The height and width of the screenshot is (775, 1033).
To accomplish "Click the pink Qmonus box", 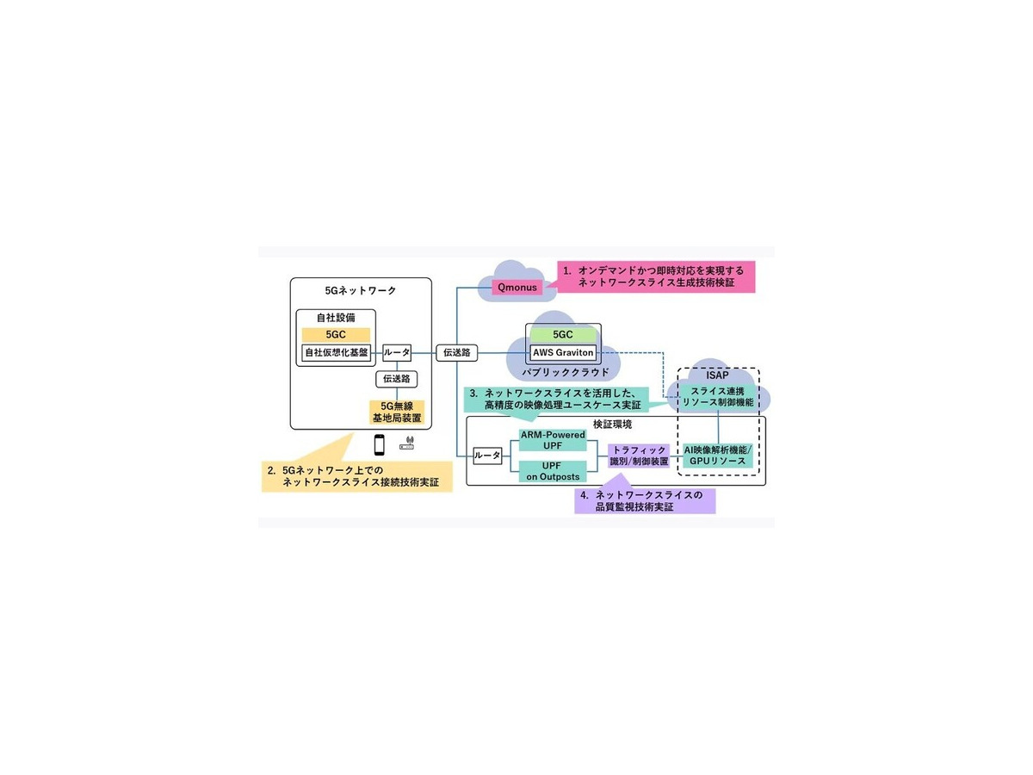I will [517, 287].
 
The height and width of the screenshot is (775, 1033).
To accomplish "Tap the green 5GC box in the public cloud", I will [563, 334].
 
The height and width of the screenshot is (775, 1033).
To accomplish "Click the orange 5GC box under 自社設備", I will [335, 334].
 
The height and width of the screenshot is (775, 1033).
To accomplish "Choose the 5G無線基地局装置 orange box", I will [395, 410].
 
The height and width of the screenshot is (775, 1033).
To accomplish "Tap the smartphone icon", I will [379, 445].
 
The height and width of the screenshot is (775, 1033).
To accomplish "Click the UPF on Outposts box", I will [552, 470].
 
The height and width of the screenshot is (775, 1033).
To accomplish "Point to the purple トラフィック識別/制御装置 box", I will [639, 456].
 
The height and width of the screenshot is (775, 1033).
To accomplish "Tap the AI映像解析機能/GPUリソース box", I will [717, 456].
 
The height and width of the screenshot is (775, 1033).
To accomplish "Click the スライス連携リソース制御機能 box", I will [717, 396].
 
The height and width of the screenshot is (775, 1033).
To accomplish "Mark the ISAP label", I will [717, 375].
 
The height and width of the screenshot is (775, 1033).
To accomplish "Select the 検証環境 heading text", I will [613, 425].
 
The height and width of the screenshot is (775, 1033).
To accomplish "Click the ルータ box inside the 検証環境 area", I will [487, 456].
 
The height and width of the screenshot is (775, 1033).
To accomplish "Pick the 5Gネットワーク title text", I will [361, 290].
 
